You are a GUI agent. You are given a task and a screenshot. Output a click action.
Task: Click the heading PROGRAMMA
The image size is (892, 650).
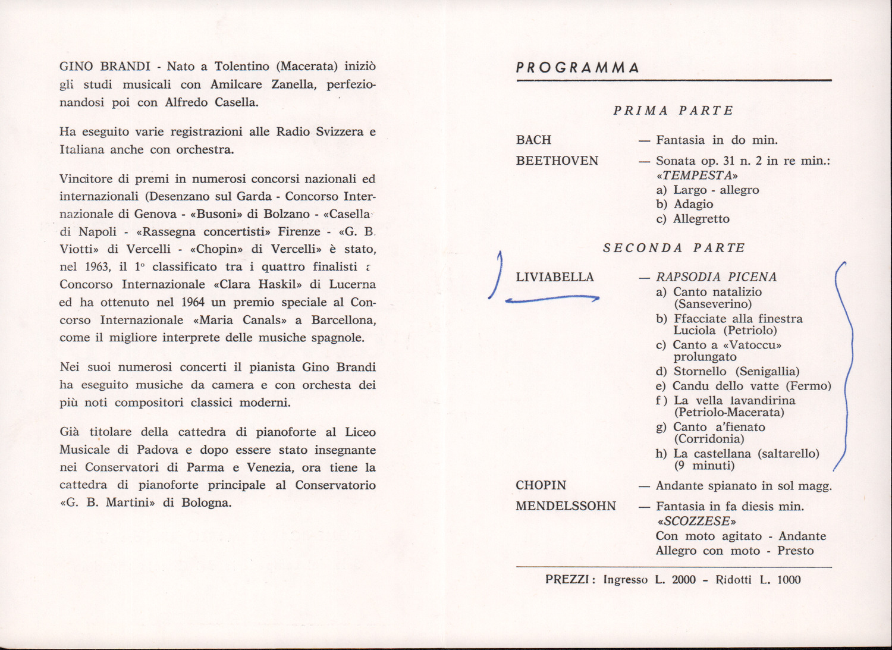pyautogui.click(x=577, y=67)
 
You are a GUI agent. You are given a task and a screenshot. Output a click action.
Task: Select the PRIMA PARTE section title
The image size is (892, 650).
pyautogui.click(x=673, y=111)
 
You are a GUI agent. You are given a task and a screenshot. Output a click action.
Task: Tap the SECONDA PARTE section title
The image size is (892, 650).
pyautogui.click(x=674, y=248)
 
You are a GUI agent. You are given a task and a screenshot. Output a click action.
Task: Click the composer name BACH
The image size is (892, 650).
pyautogui.click(x=533, y=140)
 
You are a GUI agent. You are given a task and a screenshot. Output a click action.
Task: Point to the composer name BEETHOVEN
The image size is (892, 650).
pyautogui.click(x=557, y=161)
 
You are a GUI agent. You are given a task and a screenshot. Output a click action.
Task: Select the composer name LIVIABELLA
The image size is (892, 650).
pyautogui.click(x=554, y=277)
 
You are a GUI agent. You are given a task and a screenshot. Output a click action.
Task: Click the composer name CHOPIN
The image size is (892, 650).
pyautogui.click(x=541, y=486)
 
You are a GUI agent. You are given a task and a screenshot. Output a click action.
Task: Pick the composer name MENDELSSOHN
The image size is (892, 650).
pyautogui.click(x=566, y=507)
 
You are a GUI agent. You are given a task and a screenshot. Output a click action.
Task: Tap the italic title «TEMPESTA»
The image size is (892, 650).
pyautogui.click(x=697, y=175)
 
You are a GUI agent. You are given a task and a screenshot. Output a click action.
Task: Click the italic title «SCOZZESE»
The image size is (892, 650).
pyautogui.click(x=696, y=522)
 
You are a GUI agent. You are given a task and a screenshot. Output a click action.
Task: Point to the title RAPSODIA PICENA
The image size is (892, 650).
pyautogui.click(x=716, y=277)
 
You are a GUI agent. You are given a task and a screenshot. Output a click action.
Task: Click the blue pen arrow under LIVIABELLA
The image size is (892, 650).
pyautogui.click(x=552, y=299)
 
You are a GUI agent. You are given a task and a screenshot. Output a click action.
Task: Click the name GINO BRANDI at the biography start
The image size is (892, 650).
pyautogui.click(x=105, y=67)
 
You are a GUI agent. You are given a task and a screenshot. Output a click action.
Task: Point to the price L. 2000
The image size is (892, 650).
pyautogui.click(x=675, y=580)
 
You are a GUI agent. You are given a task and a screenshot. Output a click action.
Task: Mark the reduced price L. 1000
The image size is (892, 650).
pyautogui.click(x=780, y=580)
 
